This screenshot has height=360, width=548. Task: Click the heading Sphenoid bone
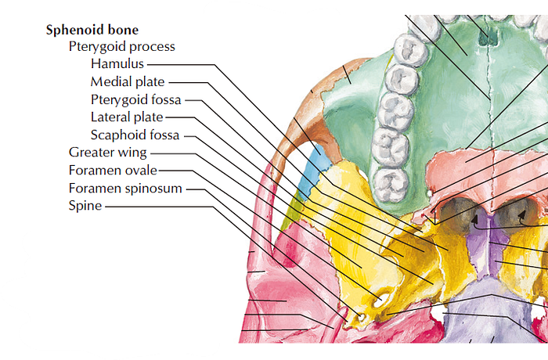[92, 30]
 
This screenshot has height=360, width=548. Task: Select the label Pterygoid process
[121, 47]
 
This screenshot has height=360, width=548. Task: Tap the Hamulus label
[117, 64]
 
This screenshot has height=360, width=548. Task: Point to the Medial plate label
[128, 81]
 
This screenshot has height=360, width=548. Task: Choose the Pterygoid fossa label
[135, 99]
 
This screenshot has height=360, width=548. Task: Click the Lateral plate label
[127, 117]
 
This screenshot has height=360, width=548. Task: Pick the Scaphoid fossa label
[135, 135]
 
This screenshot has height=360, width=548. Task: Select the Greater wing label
[107, 153]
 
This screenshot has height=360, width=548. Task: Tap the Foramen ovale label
[113, 171]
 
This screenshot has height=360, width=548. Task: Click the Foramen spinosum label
[125, 189]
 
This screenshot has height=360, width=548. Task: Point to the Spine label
[85, 207]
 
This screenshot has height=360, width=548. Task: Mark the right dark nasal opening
[516, 212]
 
